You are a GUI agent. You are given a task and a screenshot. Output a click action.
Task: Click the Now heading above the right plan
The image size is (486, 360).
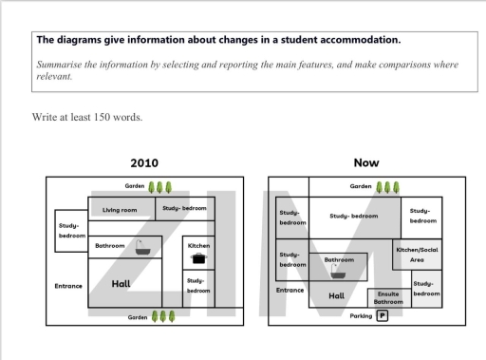pos(365,162)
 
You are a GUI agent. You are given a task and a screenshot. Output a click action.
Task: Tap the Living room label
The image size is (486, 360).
pos(120,209)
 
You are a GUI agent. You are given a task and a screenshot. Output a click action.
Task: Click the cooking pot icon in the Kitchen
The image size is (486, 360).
pos(198,257)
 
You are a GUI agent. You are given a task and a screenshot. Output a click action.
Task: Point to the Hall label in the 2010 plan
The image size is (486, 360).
pos(121,283)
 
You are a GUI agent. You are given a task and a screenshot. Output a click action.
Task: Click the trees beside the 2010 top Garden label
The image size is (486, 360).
pos(159,186)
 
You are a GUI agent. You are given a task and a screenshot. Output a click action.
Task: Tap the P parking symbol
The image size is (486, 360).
pos(383,316)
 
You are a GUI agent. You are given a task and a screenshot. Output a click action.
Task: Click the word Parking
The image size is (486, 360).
pos(361,316)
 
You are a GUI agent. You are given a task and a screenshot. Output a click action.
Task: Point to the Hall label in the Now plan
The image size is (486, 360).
pos(336,295)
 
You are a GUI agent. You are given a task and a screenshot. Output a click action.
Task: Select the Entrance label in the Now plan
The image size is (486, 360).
pos(290,290)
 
